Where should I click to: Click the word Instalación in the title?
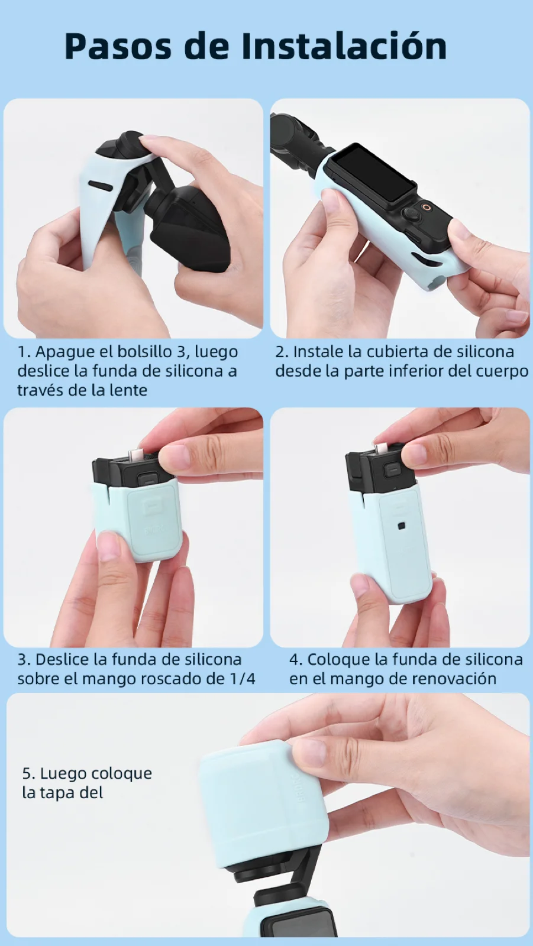(x=344, y=46)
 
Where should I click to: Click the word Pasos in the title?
(x=118, y=47)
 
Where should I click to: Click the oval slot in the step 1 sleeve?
(x=100, y=186)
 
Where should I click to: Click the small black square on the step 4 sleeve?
(x=401, y=526)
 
